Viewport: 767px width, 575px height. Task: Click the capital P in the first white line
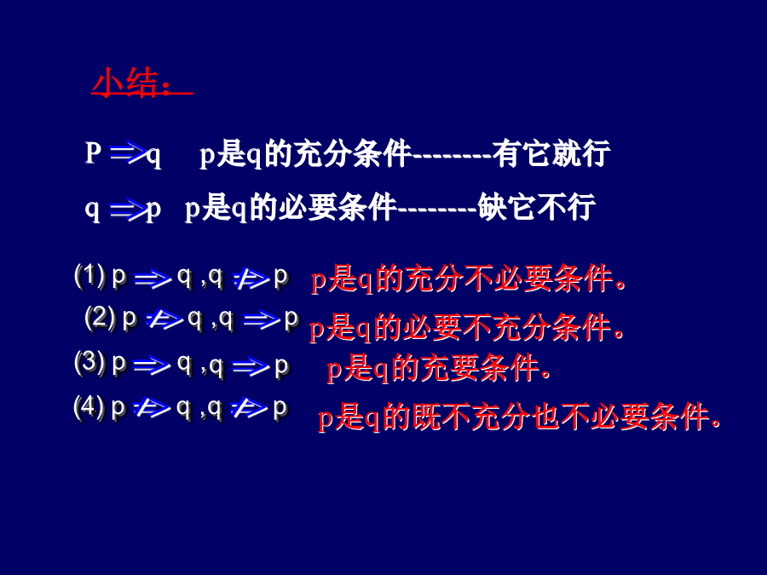click(93, 152)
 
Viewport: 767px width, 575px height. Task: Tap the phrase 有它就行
click(551, 153)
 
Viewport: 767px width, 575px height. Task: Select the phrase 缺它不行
click(537, 207)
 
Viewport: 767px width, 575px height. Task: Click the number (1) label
click(90, 276)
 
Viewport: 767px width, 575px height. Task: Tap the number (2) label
click(101, 319)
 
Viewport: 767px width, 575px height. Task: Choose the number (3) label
click(90, 363)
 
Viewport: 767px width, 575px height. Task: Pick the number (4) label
click(89, 407)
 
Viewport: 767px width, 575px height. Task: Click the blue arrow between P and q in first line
click(128, 153)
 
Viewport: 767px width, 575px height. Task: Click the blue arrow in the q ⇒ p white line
click(128, 210)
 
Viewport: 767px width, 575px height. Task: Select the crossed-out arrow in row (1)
click(251, 279)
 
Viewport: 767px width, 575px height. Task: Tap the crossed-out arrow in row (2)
click(164, 320)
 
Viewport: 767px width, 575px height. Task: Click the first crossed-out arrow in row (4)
click(152, 409)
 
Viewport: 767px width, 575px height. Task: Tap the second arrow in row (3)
click(251, 366)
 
